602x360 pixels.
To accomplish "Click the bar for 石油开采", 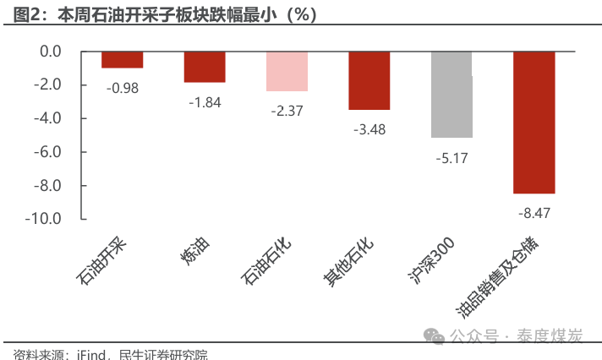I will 122,59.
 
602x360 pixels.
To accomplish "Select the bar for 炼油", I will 205,67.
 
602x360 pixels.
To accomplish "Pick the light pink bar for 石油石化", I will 287,71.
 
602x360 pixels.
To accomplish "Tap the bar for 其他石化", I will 369,80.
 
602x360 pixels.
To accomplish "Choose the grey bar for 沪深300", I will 451,94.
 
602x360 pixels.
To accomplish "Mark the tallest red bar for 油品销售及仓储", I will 534,122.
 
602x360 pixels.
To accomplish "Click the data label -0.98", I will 122,88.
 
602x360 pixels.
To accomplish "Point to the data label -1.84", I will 205,102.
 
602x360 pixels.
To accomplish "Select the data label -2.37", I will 287,111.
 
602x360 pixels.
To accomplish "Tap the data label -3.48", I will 369,129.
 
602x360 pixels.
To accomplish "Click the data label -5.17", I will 451,157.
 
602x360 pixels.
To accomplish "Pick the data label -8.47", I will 534,213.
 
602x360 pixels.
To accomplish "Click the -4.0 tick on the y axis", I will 48,118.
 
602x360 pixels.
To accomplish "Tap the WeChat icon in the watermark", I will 435,335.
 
